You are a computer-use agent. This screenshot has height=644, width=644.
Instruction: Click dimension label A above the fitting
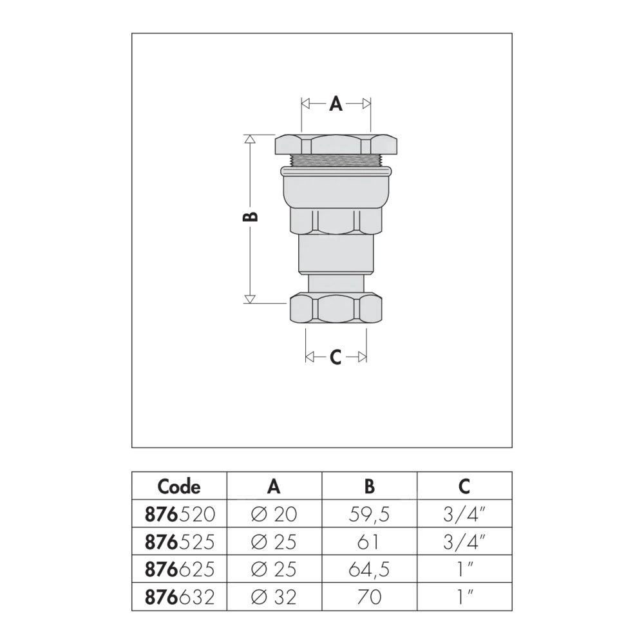click(x=336, y=104)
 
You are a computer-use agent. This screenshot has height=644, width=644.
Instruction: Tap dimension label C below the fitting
click(x=336, y=357)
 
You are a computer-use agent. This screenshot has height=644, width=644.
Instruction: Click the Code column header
click(x=179, y=487)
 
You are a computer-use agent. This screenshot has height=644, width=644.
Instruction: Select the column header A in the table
click(x=274, y=487)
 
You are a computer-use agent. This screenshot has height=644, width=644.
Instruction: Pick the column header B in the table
click(x=369, y=487)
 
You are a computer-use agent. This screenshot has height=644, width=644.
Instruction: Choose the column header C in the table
click(x=464, y=487)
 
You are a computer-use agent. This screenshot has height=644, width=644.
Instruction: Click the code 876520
click(x=180, y=514)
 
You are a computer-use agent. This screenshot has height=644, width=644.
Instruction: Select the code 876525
click(x=180, y=542)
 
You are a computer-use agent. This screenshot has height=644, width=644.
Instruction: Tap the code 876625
click(x=180, y=569)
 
